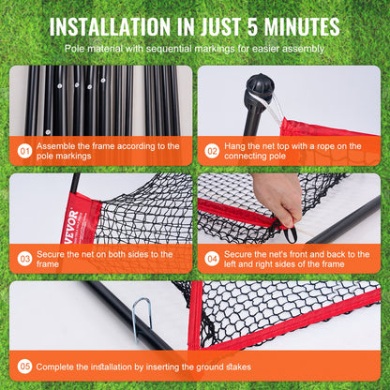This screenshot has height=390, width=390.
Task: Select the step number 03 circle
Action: [25, 255]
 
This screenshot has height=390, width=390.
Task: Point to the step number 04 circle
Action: [212, 255]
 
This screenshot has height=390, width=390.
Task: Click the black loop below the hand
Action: [292, 234]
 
